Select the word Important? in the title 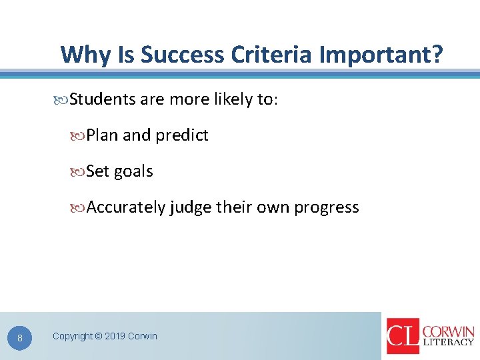point(381,54)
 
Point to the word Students point(103,99)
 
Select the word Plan point(103,135)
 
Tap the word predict point(182,135)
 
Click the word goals point(133,171)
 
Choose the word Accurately point(126,207)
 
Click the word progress point(327,208)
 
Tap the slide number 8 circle point(20,339)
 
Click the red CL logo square point(403,335)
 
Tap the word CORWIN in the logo point(447,331)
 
